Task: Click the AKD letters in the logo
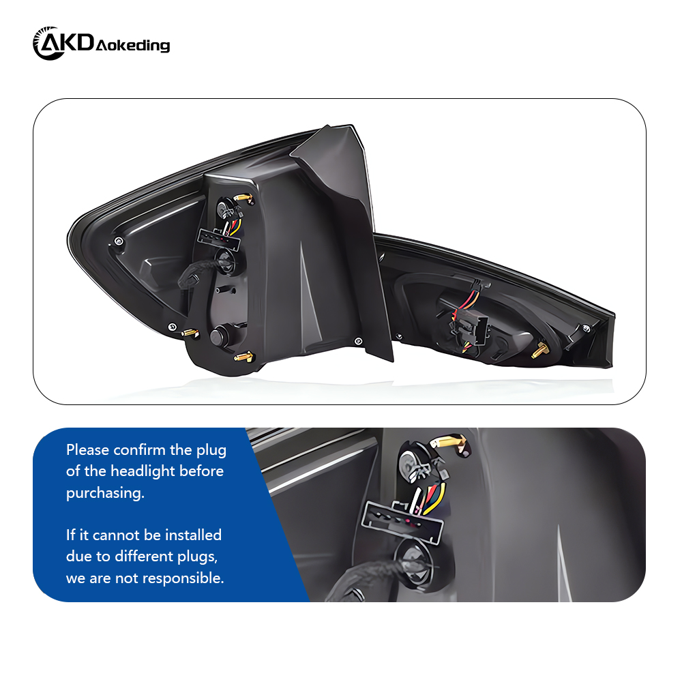71,43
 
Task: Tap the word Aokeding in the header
133,46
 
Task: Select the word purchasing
105,493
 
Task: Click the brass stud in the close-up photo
450,443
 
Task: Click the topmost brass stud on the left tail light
243,197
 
